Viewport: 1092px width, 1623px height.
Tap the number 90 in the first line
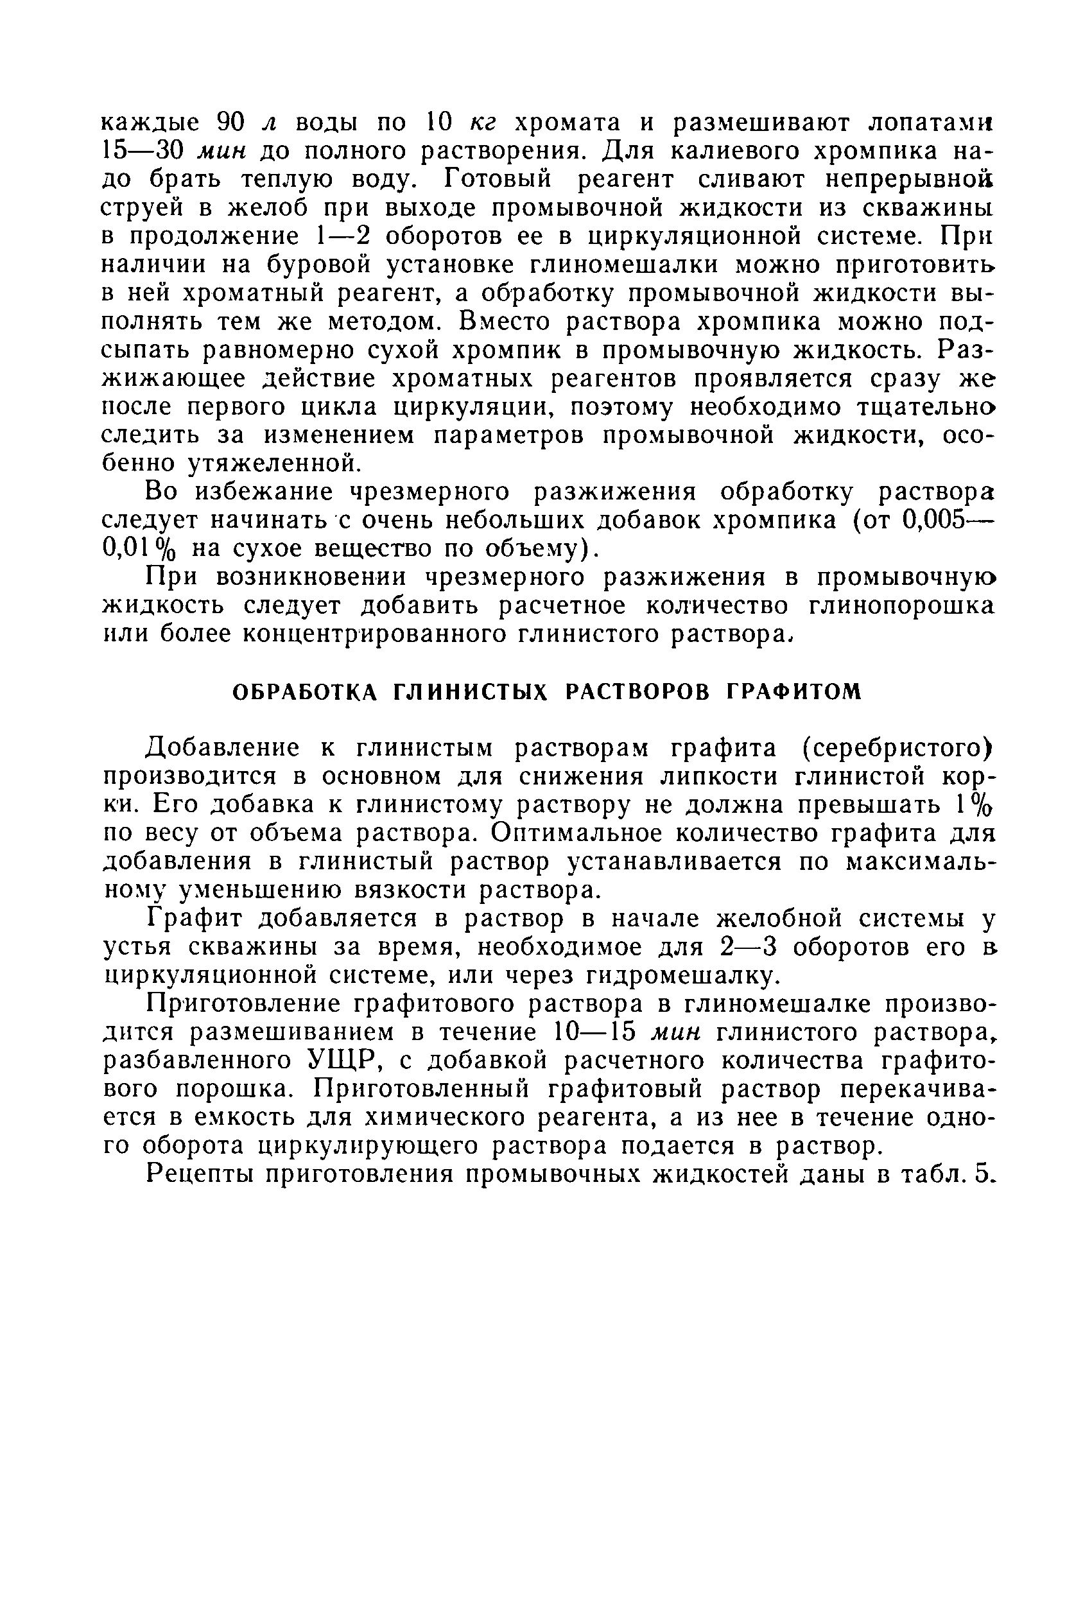coord(229,122)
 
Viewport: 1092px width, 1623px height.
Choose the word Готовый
coord(498,179)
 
